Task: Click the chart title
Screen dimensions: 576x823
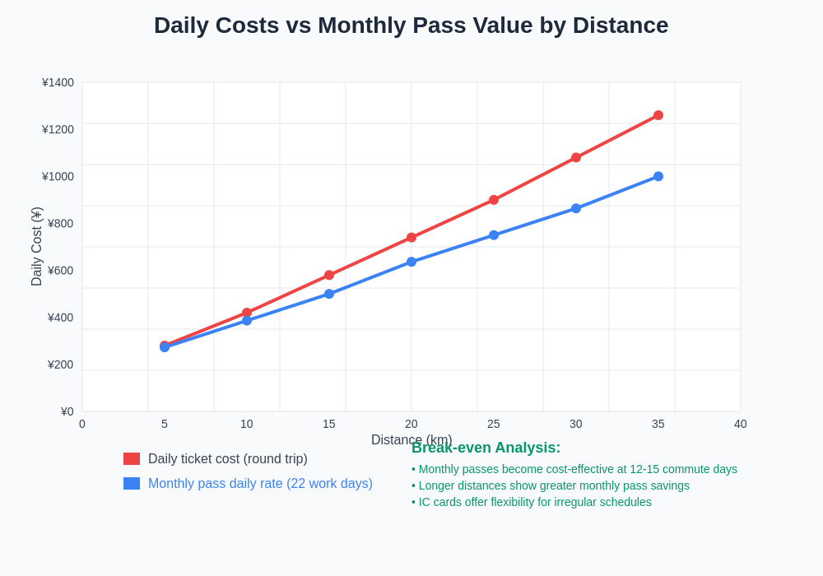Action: click(x=411, y=26)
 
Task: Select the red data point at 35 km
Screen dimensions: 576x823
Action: click(x=658, y=115)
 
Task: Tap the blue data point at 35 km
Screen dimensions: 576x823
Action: click(x=658, y=176)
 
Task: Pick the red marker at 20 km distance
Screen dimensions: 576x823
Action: click(x=411, y=237)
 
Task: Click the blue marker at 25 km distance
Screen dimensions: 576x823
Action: click(x=494, y=235)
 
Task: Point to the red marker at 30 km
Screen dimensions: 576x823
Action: click(x=576, y=157)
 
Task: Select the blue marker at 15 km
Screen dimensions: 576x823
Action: click(x=329, y=294)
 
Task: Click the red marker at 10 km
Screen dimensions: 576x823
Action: click(x=247, y=313)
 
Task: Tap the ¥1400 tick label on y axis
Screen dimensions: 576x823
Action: click(x=58, y=82)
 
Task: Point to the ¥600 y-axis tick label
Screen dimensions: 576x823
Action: click(x=60, y=271)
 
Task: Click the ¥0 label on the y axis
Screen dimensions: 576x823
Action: click(x=67, y=411)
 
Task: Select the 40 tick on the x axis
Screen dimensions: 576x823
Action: click(x=741, y=424)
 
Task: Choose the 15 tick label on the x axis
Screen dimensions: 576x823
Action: click(x=329, y=424)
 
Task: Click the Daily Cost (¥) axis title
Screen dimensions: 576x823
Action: click(x=36, y=247)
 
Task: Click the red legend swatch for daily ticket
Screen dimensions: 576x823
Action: click(x=132, y=459)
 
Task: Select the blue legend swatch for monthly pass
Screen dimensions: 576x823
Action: click(x=132, y=484)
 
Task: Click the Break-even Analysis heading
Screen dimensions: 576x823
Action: click(x=486, y=448)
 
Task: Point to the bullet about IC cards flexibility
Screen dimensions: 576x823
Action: click(x=532, y=502)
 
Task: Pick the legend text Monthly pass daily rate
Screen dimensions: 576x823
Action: click(x=260, y=484)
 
